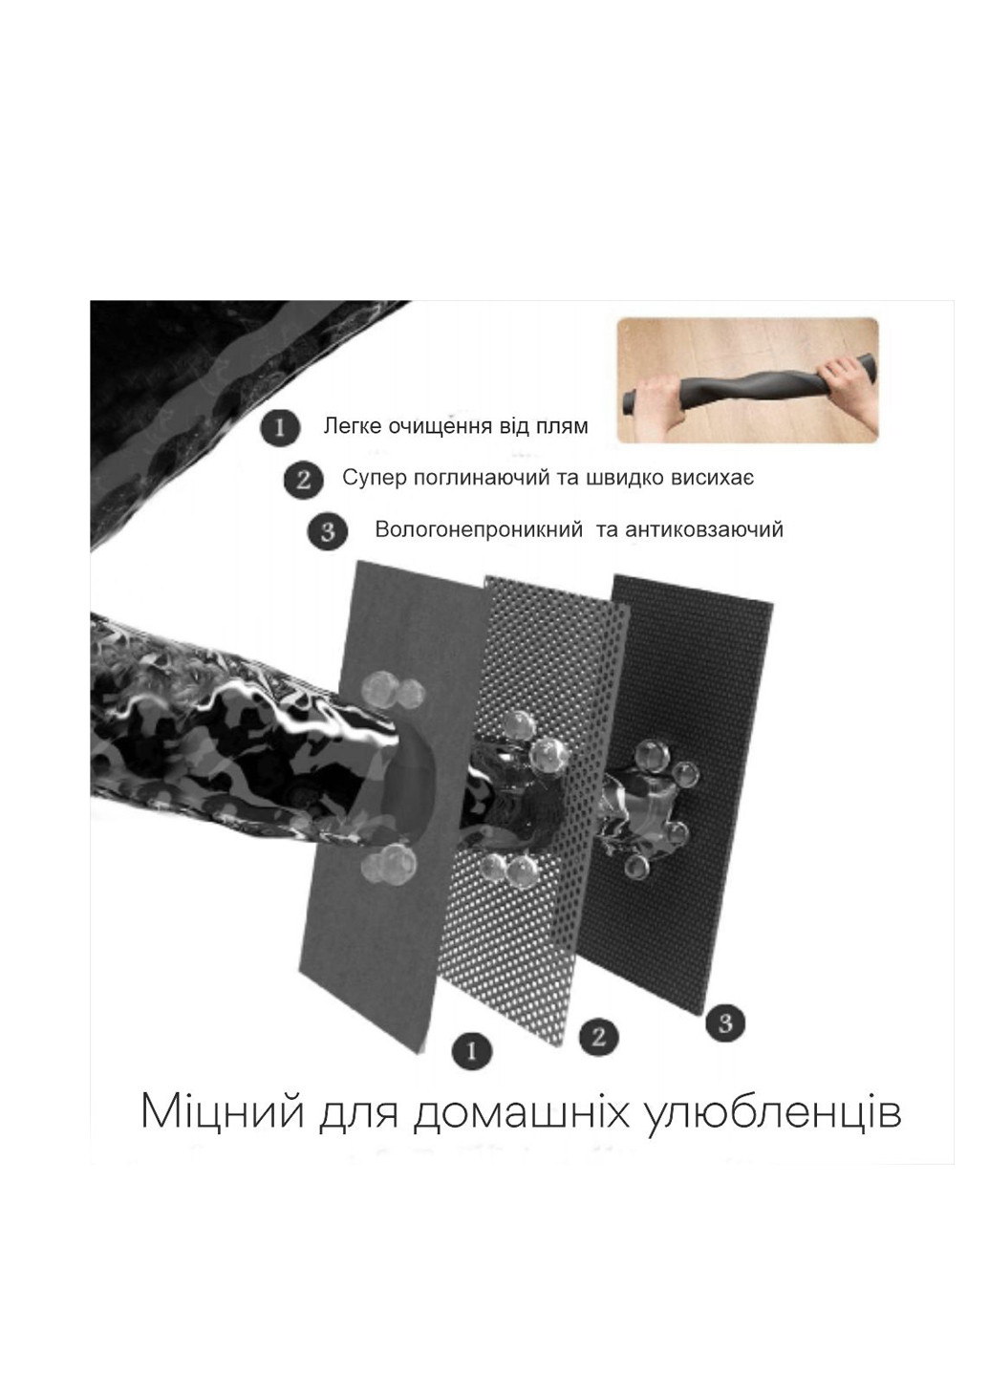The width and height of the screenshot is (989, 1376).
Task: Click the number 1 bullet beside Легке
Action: (x=279, y=426)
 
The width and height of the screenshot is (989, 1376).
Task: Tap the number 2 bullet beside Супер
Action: (x=303, y=478)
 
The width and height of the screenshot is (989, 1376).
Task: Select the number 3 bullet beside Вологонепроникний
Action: (x=328, y=530)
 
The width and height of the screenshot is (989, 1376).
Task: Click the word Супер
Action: (x=374, y=478)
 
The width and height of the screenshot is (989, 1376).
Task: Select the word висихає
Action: (x=713, y=478)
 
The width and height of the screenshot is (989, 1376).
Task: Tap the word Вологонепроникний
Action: (x=478, y=530)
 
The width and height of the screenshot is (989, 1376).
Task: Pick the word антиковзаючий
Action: (x=704, y=530)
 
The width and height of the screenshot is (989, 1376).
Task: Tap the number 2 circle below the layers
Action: (x=599, y=1036)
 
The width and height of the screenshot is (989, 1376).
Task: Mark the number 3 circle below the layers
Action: (x=725, y=1023)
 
